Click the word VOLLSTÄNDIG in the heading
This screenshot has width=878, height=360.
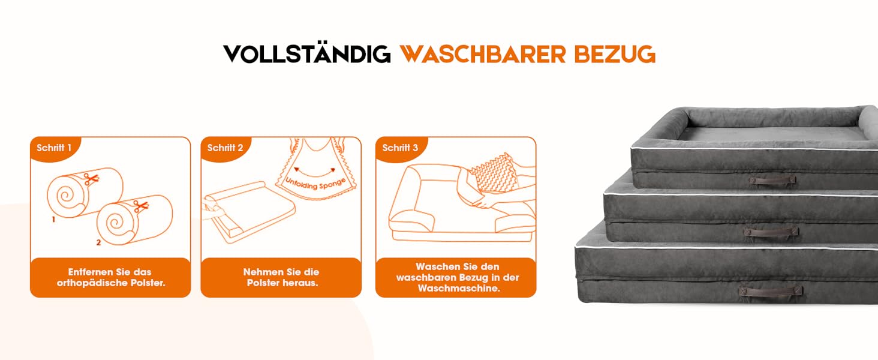[307, 54]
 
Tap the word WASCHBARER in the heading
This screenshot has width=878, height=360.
[483, 54]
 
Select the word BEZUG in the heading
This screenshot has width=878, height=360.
[615, 54]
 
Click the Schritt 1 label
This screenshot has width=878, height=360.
[54, 148]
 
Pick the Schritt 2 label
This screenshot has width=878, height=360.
[225, 148]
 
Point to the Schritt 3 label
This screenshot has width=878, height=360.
[400, 148]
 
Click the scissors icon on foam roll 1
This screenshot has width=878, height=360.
[91, 179]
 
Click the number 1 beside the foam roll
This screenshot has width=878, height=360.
[53, 220]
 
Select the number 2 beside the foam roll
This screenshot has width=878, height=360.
[98, 243]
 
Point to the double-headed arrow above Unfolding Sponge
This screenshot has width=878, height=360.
[315, 172]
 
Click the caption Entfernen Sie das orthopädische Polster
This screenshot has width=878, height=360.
[110, 277]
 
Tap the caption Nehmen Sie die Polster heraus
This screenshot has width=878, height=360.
[281, 277]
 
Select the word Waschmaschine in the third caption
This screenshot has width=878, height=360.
[459, 289]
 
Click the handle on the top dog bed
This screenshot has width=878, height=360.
[772, 181]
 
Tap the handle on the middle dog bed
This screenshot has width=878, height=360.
[771, 232]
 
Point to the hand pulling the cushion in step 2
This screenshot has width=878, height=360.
[214, 212]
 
